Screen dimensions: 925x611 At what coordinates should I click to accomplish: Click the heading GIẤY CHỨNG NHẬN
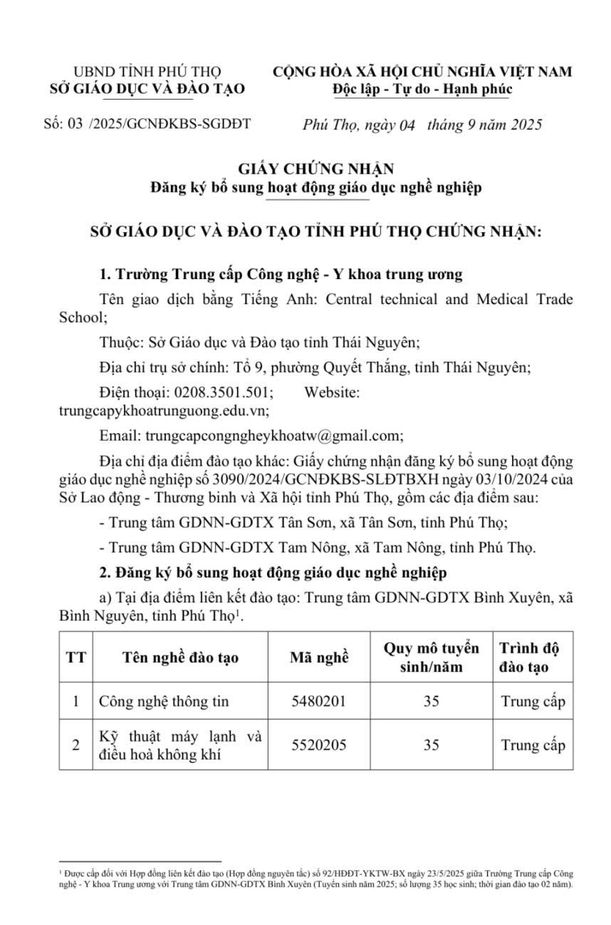click(316, 169)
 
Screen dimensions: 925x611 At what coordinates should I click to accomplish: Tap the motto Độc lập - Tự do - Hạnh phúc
click(422, 90)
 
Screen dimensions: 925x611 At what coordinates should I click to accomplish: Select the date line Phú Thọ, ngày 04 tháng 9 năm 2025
click(422, 125)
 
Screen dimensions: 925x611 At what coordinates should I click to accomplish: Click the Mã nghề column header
click(319, 657)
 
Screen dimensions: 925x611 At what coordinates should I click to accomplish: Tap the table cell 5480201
click(319, 701)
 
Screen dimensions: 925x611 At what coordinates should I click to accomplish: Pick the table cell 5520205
click(319, 745)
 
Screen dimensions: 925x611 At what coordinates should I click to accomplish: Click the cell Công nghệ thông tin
click(164, 701)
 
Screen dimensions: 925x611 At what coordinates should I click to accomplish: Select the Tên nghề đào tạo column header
click(180, 657)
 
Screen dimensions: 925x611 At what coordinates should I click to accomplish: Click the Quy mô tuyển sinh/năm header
click(431, 657)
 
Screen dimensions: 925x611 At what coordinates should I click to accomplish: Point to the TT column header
click(75, 657)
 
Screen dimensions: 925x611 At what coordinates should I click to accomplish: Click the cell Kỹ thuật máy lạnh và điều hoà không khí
click(180, 745)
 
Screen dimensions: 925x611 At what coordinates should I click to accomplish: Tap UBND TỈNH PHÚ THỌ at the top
click(147, 72)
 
